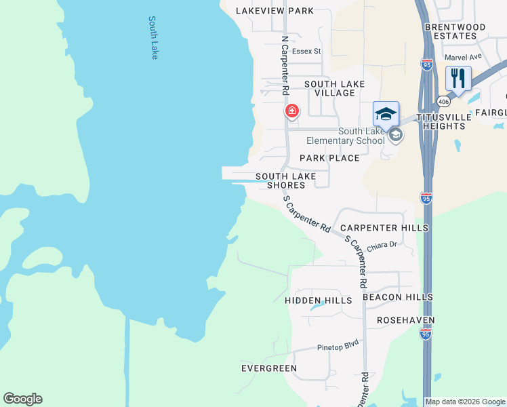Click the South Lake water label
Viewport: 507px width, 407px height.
coord(154,38)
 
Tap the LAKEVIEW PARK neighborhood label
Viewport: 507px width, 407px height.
coord(275,11)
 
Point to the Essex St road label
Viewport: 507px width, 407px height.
coord(306,51)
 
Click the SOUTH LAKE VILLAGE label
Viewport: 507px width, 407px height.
coord(334,88)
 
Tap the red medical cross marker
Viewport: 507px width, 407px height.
coord(291,111)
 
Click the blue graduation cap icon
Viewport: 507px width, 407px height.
coord(385,113)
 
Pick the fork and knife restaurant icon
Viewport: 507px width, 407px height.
coord(458,78)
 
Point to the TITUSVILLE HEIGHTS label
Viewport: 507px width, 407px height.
coord(443,121)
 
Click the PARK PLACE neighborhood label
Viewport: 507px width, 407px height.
coord(329,158)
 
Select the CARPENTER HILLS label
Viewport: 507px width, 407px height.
coord(384,228)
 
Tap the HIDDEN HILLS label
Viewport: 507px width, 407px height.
coord(319,300)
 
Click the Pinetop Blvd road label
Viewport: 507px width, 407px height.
coord(338,346)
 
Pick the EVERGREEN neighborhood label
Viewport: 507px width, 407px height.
coord(269,368)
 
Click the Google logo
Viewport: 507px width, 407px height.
coord(22,399)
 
